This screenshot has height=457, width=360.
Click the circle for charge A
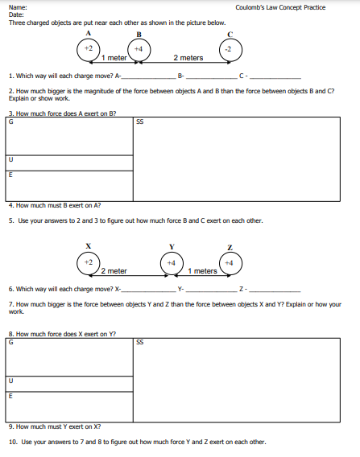coord(89,49)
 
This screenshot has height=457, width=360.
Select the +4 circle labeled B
coord(139,49)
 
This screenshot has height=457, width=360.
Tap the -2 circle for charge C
coord(229,49)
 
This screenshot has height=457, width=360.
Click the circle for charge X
coord(89,262)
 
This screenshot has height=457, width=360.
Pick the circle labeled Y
coord(171,262)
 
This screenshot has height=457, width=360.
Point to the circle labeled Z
coord(229,262)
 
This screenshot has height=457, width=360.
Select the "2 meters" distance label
coord(188,58)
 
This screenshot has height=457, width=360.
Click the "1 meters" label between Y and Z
coord(202,271)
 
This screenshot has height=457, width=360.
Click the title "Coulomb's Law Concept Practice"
coord(280,7)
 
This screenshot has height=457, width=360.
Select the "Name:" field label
coord(17,7)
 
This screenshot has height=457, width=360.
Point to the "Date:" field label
coord(16,14)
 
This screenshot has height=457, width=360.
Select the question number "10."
coord(12,441)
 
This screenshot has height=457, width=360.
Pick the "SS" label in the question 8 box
coord(140,341)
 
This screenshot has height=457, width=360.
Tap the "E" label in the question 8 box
coord(10,395)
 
